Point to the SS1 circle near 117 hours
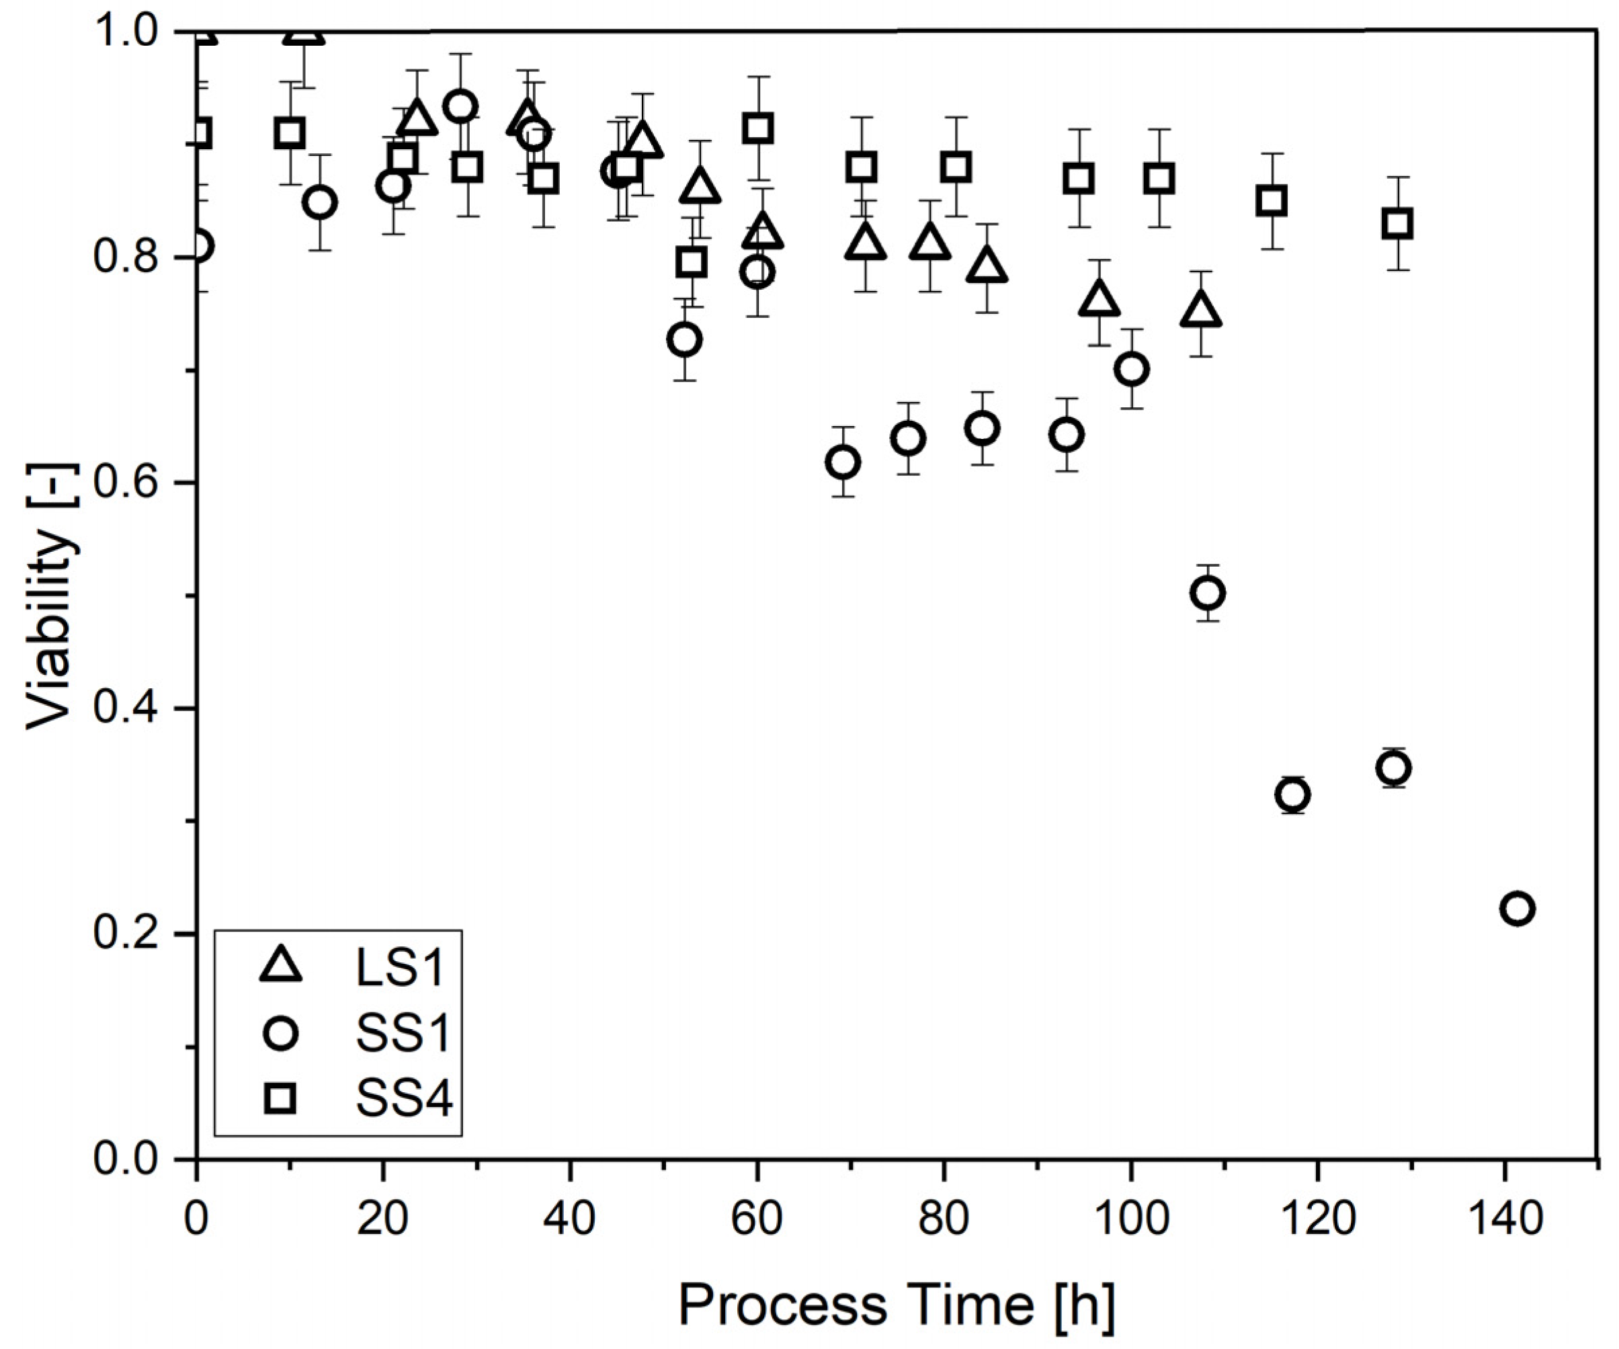1293,794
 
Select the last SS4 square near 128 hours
1397,224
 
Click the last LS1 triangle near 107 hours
1201,311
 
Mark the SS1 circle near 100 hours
1132,369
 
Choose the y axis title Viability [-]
51,595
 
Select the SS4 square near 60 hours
759,128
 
